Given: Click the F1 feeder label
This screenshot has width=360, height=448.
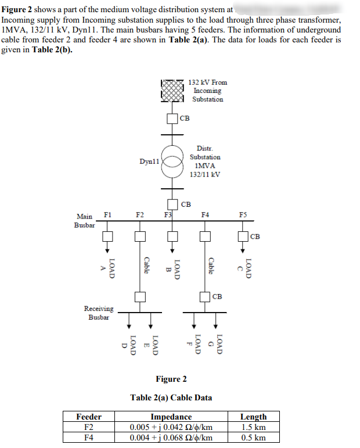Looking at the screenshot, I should (107, 214).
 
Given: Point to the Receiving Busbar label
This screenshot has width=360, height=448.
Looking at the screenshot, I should (99, 313).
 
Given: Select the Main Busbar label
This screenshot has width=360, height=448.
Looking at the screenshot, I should (85, 220).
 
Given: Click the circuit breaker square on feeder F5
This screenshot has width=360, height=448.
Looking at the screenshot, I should (243, 236).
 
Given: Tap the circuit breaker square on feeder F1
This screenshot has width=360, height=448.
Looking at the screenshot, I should (107, 236).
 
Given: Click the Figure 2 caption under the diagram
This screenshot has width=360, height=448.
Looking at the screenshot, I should (171, 379).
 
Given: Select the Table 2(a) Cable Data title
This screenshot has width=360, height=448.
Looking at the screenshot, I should (171, 397).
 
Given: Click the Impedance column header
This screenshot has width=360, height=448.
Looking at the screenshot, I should (171, 417).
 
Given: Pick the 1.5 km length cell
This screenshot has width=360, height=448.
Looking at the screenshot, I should (253, 427).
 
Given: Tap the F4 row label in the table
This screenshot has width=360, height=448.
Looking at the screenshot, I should (89, 438).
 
